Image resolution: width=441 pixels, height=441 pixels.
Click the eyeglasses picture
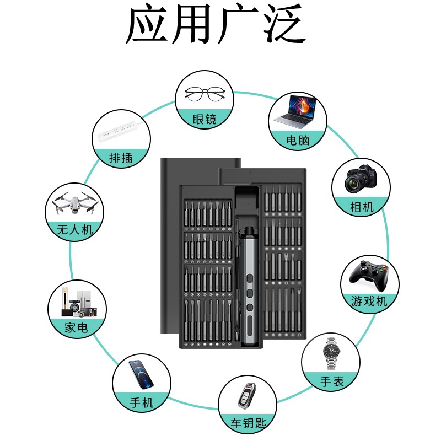205,94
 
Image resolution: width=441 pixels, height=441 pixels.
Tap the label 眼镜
205,119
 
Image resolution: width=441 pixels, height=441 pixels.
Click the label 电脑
298,140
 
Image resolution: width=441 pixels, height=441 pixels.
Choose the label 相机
362,207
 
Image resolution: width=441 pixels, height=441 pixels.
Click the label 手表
331,381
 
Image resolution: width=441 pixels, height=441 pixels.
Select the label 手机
141,402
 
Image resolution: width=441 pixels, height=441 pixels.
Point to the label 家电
77,328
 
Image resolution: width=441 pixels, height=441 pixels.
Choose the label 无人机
74,229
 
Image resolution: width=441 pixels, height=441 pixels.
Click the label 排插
121,158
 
